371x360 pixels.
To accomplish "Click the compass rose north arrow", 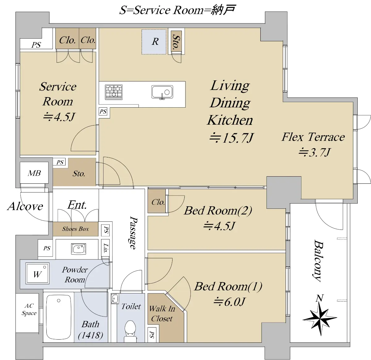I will (320, 316).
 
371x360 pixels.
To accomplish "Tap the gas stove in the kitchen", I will (114, 92).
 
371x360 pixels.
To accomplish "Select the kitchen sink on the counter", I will (162, 92).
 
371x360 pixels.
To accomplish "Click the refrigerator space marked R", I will (154, 42).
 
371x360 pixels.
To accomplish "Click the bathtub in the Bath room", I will (59, 317).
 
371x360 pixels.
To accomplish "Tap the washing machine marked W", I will (37, 273).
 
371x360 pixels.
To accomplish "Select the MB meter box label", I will (34, 173).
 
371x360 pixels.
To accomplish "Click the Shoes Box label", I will (75, 229).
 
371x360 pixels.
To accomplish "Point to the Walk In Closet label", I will (162, 313).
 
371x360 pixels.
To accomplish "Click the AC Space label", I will (29, 309).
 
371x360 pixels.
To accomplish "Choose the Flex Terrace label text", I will (313, 137).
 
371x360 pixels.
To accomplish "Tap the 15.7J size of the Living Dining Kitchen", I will (231, 138).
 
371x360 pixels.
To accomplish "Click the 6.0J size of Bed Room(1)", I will (229, 301).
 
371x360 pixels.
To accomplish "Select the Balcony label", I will (318, 260).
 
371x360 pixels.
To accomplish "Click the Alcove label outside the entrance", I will (25, 206).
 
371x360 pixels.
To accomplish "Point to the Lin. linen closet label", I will (106, 248).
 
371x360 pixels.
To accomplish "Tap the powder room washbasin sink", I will (79, 248).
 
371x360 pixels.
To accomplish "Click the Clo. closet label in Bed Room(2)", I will (158, 202).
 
